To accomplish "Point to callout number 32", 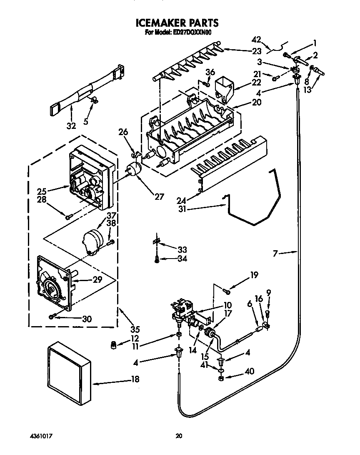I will [71, 126].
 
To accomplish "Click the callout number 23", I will [257, 51].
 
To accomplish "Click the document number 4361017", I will [41, 436].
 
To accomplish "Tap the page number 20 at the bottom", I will [179, 436].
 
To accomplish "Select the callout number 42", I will [256, 40].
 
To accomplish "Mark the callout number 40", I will [250, 371].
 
